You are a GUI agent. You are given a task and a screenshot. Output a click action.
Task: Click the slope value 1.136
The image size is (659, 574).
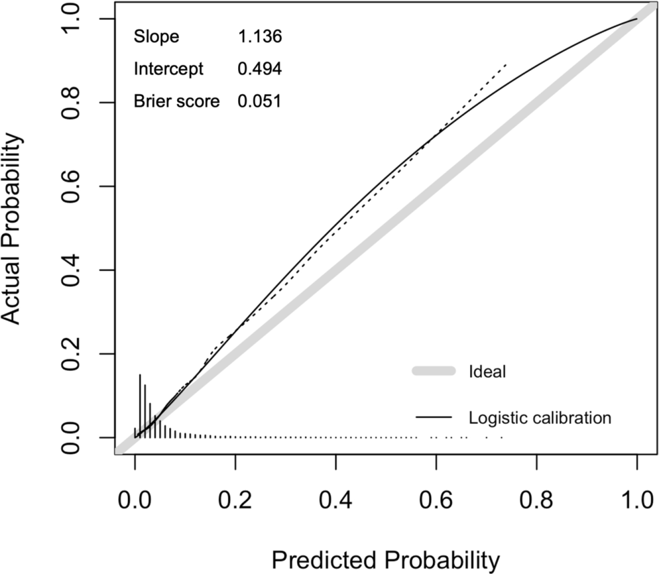(260, 37)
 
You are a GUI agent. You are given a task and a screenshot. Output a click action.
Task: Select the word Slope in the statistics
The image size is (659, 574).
(156, 37)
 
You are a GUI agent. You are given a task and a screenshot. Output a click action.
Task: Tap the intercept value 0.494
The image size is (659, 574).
(260, 69)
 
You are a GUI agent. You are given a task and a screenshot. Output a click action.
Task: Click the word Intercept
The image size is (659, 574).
(169, 69)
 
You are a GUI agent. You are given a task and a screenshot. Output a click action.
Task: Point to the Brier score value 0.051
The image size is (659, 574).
(259, 102)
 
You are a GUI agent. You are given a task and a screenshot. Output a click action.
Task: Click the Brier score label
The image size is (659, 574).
(177, 102)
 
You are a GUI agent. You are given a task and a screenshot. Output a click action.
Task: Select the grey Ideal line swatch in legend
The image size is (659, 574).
(434, 371)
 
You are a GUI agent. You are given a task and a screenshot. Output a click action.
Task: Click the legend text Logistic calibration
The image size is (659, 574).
(540, 417)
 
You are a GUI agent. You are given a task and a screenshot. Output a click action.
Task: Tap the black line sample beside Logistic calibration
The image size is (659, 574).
(434, 417)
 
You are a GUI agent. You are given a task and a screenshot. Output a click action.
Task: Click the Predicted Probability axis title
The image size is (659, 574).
(385, 560)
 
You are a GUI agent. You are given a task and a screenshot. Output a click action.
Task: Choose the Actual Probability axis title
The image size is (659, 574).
(12, 228)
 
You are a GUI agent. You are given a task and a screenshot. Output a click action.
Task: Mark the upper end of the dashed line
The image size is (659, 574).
(507, 65)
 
